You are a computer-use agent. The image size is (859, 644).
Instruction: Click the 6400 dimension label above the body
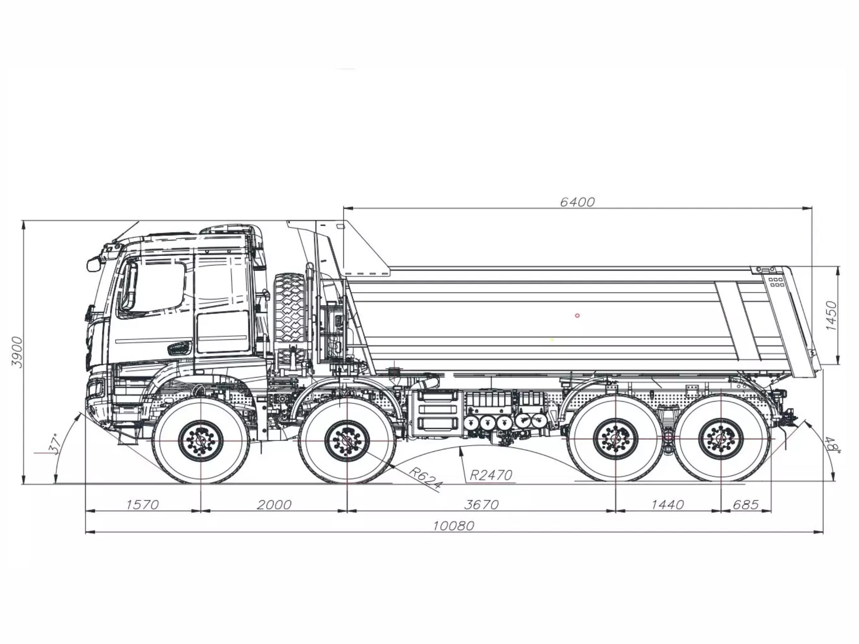[577, 202]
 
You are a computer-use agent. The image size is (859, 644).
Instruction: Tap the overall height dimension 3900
[17, 352]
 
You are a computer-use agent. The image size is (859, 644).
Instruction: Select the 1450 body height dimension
[832, 315]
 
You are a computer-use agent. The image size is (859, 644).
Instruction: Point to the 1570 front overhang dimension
[143, 505]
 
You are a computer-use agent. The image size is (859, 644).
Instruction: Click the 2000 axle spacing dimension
[274, 505]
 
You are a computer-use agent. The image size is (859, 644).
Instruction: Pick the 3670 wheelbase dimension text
[481, 505]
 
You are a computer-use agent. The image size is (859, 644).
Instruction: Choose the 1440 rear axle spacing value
[668, 505]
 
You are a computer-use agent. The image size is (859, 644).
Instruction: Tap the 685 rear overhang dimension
[746, 505]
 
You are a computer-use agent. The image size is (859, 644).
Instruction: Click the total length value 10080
[454, 526]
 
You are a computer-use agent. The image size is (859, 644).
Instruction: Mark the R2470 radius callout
[491, 475]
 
